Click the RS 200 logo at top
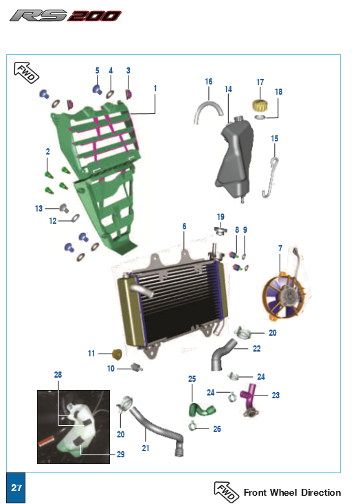tap(66, 15)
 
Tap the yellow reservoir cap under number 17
tap(260, 105)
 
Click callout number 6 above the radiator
tap(184, 227)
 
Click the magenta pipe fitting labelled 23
tap(249, 398)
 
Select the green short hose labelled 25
tap(202, 410)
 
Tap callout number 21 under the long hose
tap(146, 448)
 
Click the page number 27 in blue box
tap(16, 488)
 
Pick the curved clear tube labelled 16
tap(208, 111)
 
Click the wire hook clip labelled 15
tap(271, 176)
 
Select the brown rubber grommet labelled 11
tap(117, 354)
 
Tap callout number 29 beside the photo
tap(121, 454)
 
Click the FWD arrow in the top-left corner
tap(26, 73)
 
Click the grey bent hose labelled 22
tap(223, 354)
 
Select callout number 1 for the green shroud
tap(155, 88)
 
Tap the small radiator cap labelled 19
tap(221, 230)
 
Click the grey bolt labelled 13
tap(65, 208)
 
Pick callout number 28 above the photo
tap(58, 374)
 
